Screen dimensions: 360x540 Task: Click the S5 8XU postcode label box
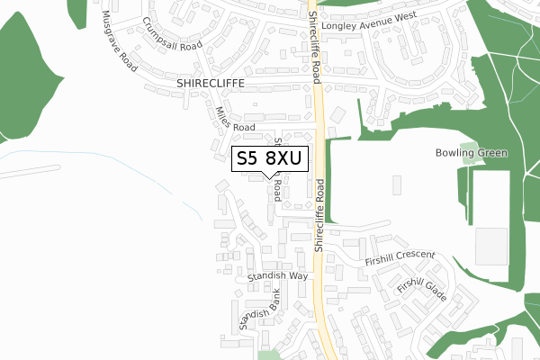point(270,159)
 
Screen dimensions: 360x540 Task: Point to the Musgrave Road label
point(117,42)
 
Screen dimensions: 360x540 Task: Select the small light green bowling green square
point(468,146)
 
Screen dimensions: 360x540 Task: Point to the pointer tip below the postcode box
point(270,177)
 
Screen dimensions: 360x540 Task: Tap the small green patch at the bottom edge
point(268,354)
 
